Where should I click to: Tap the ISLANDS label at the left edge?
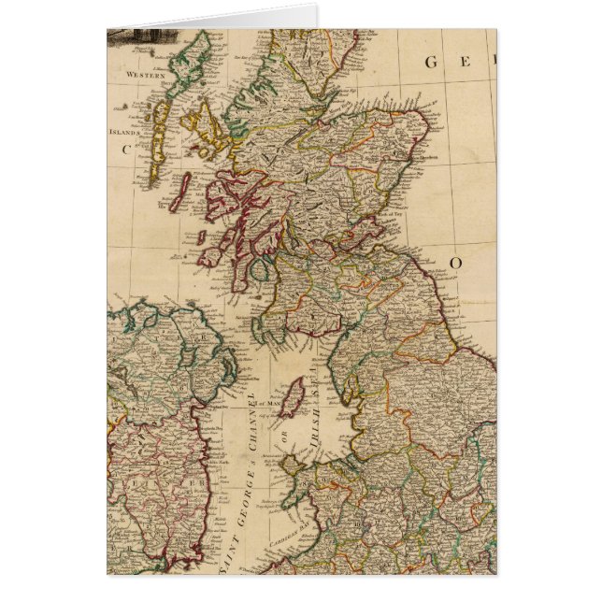tap(124, 132)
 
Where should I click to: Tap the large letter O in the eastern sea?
tap(457, 263)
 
